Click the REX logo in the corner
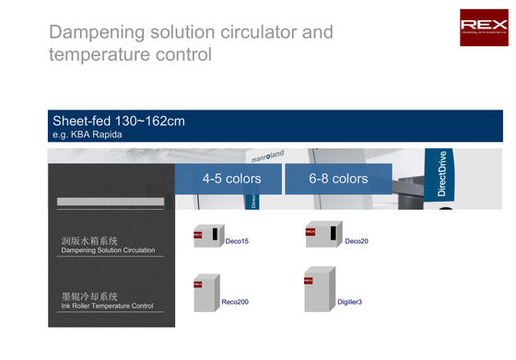pos(483,28)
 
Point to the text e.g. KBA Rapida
pos(88,135)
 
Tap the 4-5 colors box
pos(230,179)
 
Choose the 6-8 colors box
pos(337,179)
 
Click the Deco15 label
pos(237,241)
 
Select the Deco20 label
pos(357,241)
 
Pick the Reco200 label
pos(235,302)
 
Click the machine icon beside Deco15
pos(207,236)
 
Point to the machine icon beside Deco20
pos(322,234)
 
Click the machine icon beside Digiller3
pos(318,291)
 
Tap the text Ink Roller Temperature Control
pos(107,306)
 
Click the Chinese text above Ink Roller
pos(89,296)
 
